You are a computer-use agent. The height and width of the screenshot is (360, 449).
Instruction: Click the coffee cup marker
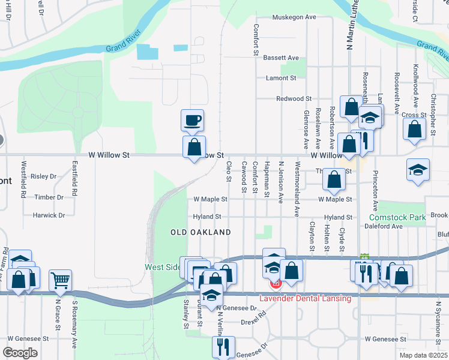[x=192, y=120]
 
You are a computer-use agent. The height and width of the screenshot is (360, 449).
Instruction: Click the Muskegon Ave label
[x=294, y=17]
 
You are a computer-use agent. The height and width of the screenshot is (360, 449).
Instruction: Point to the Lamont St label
[x=282, y=78]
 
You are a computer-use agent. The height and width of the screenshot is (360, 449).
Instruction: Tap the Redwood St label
[x=294, y=98]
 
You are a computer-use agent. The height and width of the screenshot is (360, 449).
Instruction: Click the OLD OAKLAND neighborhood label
[x=200, y=232]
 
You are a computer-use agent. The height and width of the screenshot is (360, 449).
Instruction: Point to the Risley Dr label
[x=43, y=176]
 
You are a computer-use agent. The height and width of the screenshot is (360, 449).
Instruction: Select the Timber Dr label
[x=49, y=197]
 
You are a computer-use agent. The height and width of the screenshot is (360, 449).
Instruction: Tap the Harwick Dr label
[x=49, y=215]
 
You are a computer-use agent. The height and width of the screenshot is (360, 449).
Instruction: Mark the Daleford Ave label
[x=384, y=227]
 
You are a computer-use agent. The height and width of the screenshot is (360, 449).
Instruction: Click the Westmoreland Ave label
[x=297, y=188]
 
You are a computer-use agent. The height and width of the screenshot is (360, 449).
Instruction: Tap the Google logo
[x=20, y=352]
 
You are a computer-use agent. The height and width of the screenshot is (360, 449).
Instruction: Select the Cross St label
[x=414, y=115]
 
